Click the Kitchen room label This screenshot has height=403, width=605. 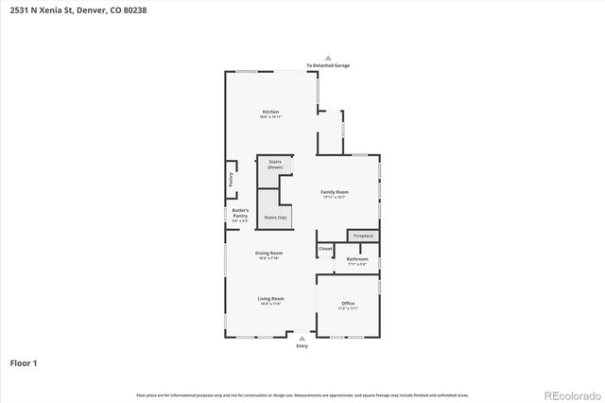point(271,113)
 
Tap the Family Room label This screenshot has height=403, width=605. point(335,192)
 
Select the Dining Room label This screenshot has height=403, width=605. point(269,253)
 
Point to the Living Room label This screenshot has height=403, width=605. point(271,299)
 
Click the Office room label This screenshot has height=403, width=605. point(348,304)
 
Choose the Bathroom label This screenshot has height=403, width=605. point(356,258)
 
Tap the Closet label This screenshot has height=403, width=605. point(325,249)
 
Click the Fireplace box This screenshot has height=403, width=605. point(363,235)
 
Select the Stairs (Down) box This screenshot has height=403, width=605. point(276,165)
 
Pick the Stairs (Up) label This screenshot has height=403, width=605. point(276,217)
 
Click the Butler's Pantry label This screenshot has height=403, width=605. point(240,213)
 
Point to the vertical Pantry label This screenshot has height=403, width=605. point(230,177)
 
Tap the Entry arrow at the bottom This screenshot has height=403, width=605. point(302,337)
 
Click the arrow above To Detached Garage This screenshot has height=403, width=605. point(328,57)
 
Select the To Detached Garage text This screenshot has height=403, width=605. point(328,65)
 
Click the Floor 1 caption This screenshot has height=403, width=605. point(24,362)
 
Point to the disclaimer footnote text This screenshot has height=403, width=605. point(302,394)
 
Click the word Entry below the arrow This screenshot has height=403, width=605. point(302,346)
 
